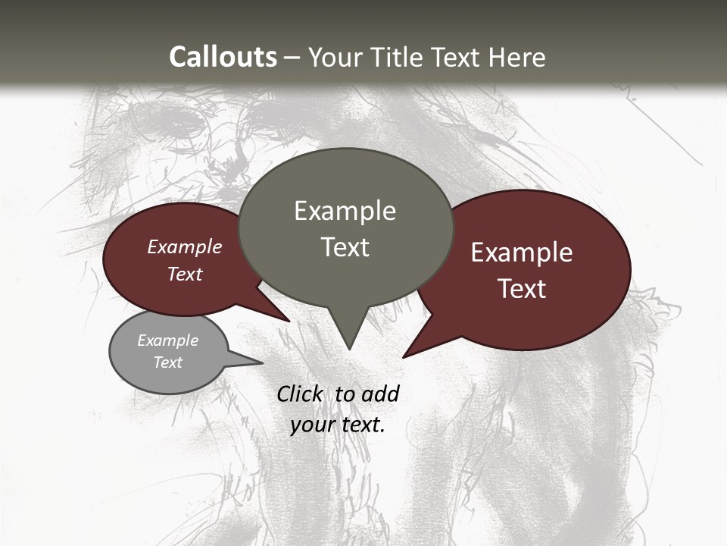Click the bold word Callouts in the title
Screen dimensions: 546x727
coord(223,57)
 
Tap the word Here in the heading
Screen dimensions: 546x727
coord(518,57)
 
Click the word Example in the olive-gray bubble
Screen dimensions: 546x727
coord(345,211)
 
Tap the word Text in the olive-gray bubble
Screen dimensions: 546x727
coord(345,246)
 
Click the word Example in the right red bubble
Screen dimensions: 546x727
coord(522,253)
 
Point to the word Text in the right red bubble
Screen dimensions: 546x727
coord(523,289)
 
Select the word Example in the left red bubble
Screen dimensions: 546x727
coord(185,246)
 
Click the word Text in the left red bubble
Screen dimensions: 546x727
coord(185,274)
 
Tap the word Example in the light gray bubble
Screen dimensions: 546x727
coord(168,340)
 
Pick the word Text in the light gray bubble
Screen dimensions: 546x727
coord(168,362)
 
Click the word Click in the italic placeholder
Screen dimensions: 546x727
coord(301,394)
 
